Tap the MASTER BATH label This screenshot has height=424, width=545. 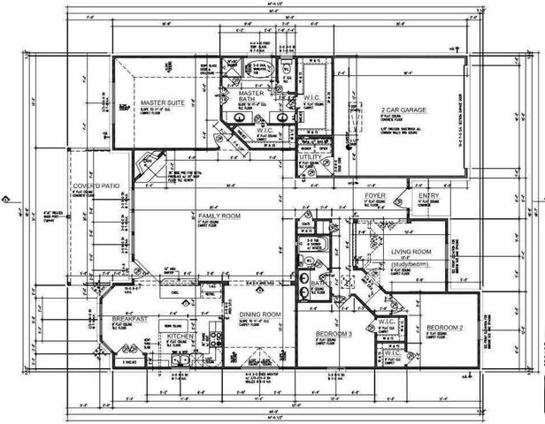click(252, 95)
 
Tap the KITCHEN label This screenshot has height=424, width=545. click(180, 337)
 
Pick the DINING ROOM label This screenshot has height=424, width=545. click(259, 314)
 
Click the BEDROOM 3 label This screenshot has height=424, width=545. click(334, 334)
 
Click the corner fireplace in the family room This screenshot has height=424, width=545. click(145, 164)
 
